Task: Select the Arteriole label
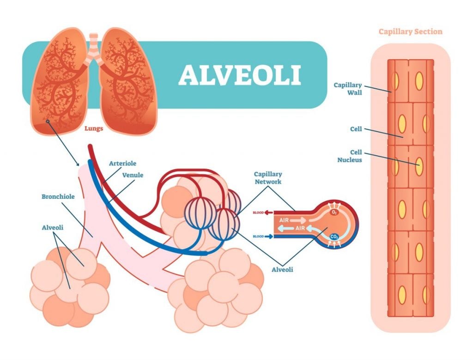coord(122,163)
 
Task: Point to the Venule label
coord(133,175)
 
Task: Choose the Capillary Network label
coord(268,178)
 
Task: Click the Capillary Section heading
coord(410,32)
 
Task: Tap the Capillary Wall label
coord(348,89)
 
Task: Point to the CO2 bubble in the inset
coord(335,237)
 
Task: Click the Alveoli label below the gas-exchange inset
coord(282,269)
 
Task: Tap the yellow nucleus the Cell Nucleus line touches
coord(419,167)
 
